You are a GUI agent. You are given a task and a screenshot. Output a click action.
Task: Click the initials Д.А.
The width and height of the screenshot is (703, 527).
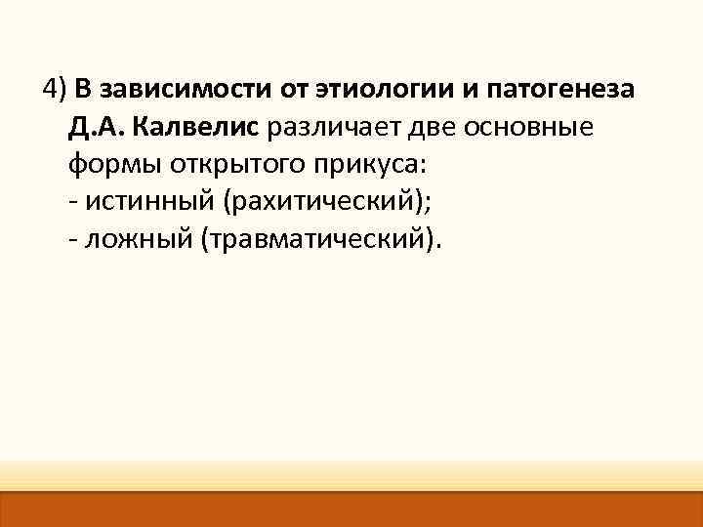(96, 127)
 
